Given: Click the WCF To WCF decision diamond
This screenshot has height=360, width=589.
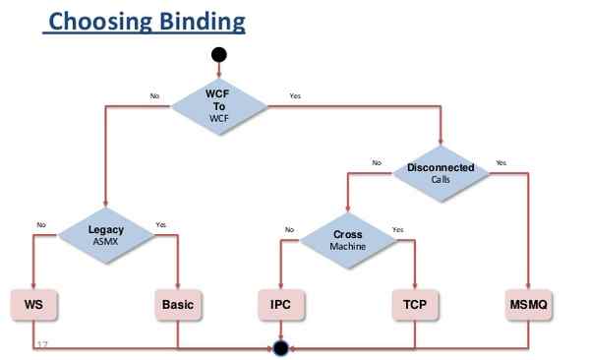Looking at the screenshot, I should [x=218, y=105].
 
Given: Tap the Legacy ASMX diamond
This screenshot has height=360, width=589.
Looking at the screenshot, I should [x=105, y=234].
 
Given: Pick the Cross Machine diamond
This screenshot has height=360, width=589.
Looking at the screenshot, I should [x=347, y=240].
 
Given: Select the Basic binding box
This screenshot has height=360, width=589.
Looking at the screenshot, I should [x=178, y=305].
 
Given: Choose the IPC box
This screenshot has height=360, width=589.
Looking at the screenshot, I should [x=281, y=305].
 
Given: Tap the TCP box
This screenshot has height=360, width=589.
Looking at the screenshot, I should [x=415, y=305].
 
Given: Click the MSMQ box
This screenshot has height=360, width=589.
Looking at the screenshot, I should [x=529, y=305].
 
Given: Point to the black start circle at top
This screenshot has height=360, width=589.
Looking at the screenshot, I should [x=218, y=54].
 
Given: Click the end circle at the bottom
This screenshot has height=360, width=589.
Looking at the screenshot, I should [x=281, y=347].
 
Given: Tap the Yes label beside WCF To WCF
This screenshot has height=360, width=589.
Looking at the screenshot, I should [x=295, y=95].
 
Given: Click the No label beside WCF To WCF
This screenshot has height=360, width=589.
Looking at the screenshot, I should [x=153, y=96].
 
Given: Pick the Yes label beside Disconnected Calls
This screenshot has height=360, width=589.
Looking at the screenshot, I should [x=501, y=162].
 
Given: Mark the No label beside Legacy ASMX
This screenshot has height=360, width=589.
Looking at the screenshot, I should [x=41, y=225].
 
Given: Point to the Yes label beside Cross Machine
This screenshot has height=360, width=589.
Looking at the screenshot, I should [x=397, y=230].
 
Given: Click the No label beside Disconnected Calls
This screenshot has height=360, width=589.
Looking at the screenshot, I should [x=376, y=162].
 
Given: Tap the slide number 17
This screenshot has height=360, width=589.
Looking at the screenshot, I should [x=42, y=344].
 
